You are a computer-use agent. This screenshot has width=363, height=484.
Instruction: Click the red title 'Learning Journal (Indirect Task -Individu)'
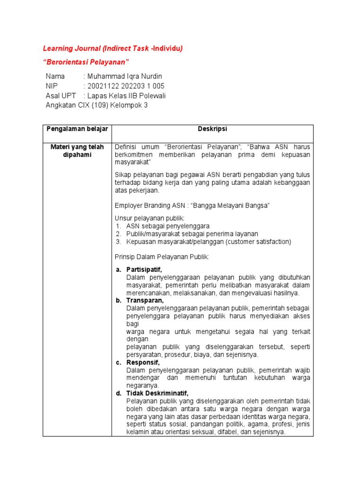click(x=112, y=48)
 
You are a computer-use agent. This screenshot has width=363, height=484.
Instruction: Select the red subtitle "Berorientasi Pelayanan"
click(x=86, y=62)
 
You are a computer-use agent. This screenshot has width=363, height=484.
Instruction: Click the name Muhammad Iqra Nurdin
click(x=125, y=77)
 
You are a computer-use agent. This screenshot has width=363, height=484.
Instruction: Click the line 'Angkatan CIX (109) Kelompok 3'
click(x=96, y=105)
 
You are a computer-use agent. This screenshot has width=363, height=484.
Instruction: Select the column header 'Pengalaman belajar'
click(x=77, y=129)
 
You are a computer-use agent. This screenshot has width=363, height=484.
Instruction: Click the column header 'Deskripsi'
click(x=212, y=129)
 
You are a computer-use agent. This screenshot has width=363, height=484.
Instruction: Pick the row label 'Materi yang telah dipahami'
click(x=77, y=151)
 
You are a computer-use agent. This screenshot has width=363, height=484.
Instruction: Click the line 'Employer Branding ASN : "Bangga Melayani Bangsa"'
click(x=192, y=206)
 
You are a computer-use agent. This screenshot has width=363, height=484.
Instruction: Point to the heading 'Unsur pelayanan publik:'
click(x=150, y=218)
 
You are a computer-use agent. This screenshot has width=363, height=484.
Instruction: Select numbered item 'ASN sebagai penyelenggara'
click(x=167, y=226)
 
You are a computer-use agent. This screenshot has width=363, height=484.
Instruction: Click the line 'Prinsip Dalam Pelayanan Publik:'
click(x=161, y=257)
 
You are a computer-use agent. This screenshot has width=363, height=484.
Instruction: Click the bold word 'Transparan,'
click(x=145, y=300)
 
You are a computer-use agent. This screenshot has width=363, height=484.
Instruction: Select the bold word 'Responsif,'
click(x=143, y=363)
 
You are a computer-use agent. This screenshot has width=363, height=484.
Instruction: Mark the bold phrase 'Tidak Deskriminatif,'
click(x=157, y=393)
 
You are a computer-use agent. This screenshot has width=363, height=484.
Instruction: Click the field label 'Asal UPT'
click(x=61, y=95)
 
